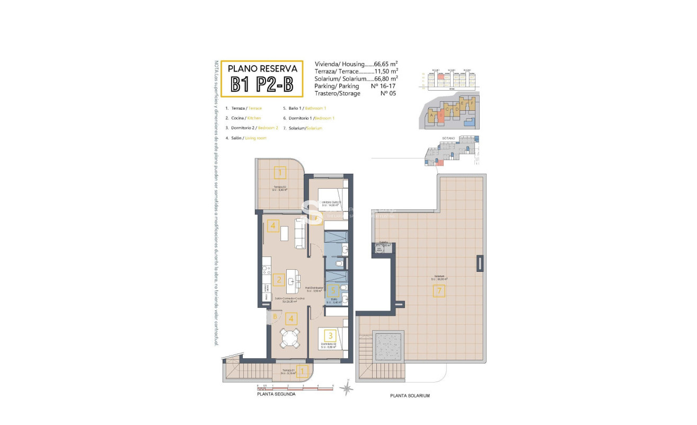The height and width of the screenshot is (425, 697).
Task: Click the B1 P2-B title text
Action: [262, 84]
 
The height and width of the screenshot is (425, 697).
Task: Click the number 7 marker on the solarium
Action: [438, 290]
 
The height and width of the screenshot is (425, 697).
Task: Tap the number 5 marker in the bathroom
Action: [332, 290]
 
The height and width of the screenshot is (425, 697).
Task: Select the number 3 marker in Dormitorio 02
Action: [330, 335]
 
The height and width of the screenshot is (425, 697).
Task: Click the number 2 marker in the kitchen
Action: [278, 279]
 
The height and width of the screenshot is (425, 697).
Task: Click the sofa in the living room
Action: [299, 234]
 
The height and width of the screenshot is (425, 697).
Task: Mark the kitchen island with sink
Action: [292, 281]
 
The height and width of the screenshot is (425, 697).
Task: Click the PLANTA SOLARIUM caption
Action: [410, 396]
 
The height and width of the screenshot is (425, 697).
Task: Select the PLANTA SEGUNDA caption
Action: [276, 394]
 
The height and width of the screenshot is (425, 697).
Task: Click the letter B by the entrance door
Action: [275, 317]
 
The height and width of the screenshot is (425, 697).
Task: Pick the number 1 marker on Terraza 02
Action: [280, 172]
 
